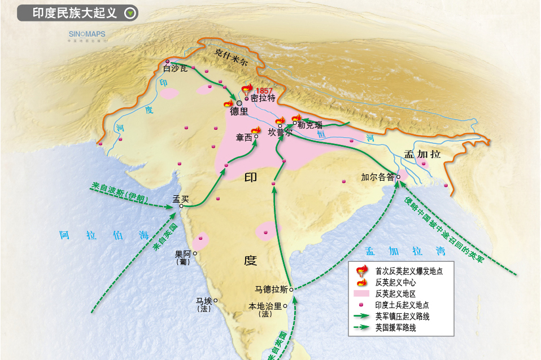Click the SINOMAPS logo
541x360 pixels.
click(x=87, y=34)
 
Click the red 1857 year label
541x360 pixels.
click(x=264, y=91)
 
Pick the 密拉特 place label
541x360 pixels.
click(x=263, y=98)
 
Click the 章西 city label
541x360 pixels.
click(x=245, y=137)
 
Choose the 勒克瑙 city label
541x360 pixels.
click(x=310, y=125)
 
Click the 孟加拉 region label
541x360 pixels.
click(x=422, y=154)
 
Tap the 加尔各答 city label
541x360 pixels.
click(x=378, y=177)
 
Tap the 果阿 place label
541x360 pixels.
click(x=183, y=254)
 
